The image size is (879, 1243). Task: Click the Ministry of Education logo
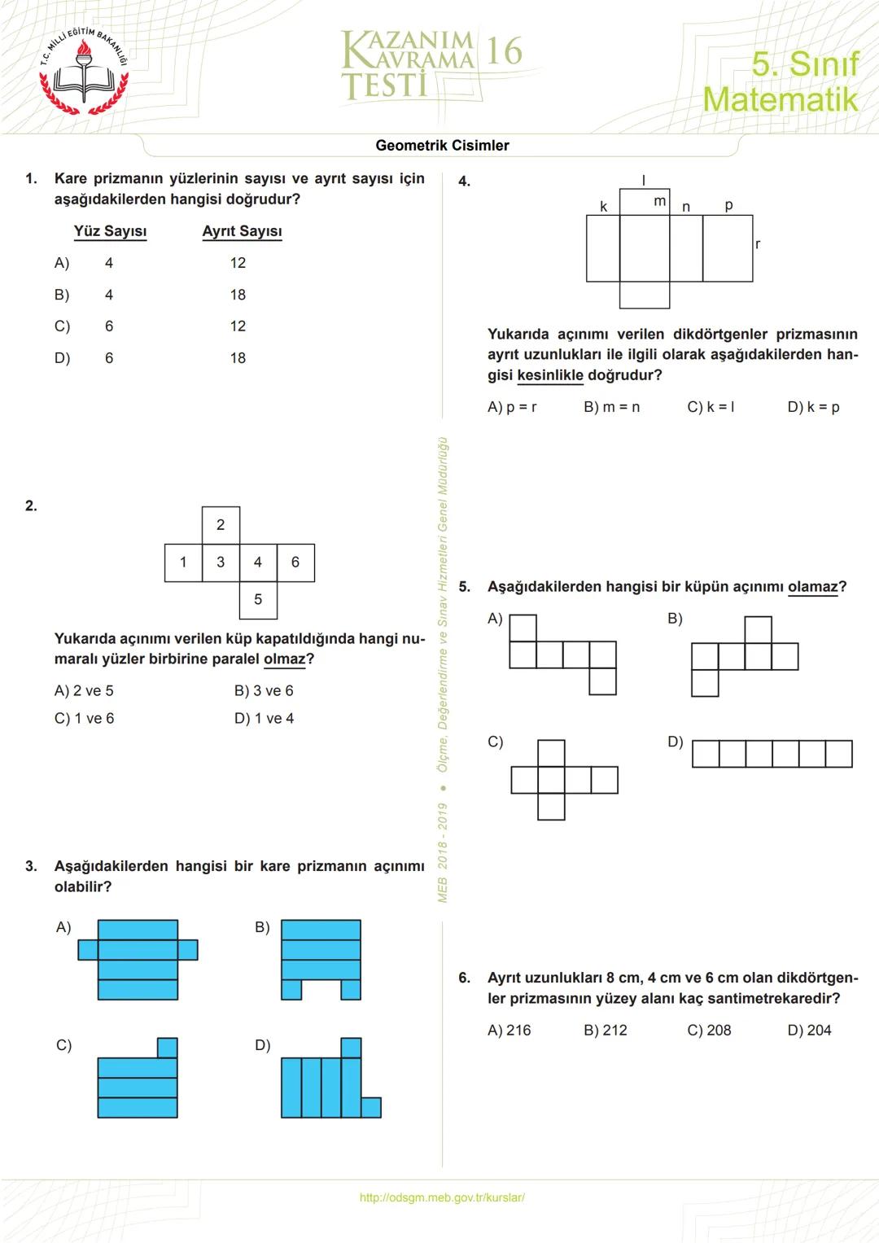click(84, 72)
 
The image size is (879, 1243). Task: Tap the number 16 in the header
click(504, 51)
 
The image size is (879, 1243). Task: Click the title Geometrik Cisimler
click(442, 146)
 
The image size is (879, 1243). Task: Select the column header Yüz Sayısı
click(110, 231)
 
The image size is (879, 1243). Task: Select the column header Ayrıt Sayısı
click(242, 231)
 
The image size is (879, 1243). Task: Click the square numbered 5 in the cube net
click(258, 600)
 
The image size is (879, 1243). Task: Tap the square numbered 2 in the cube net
click(221, 525)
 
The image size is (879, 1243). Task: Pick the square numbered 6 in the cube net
click(295, 562)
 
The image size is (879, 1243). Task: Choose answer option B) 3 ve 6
click(264, 691)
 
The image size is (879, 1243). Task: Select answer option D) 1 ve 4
click(264, 719)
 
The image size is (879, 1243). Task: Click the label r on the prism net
click(758, 244)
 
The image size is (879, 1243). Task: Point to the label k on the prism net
click(603, 207)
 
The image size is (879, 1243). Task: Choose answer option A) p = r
click(512, 407)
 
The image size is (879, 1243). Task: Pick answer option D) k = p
click(813, 407)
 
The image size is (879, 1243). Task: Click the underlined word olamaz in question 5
click(812, 587)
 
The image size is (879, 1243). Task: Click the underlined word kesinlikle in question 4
click(550, 375)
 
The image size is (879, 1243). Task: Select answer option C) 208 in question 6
click(709, 1031)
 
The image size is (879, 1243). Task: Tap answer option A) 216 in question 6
click(509, 1031)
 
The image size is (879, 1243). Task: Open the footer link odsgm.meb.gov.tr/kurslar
click(442, 1197)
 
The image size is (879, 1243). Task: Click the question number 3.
click(31, 866)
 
